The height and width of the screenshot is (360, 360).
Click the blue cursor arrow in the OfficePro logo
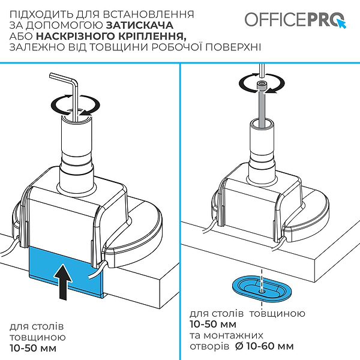coord(341,24)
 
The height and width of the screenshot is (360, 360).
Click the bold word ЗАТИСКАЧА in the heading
coord(140,25)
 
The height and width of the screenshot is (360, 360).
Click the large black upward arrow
coord(64,282)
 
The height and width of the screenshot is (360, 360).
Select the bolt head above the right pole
coord(262,86)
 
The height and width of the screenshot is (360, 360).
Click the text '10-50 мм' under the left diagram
coord(33,348)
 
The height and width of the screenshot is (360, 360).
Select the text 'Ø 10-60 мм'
coord(265,346)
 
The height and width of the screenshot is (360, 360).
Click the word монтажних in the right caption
coord(233,335)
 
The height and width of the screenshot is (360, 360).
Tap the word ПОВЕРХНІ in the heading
coord(233,47)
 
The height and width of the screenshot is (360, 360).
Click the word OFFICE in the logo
coord(275,20)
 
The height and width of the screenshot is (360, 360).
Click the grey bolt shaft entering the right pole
coord(262,108)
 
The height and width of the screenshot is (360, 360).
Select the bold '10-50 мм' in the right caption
coord(213,324)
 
